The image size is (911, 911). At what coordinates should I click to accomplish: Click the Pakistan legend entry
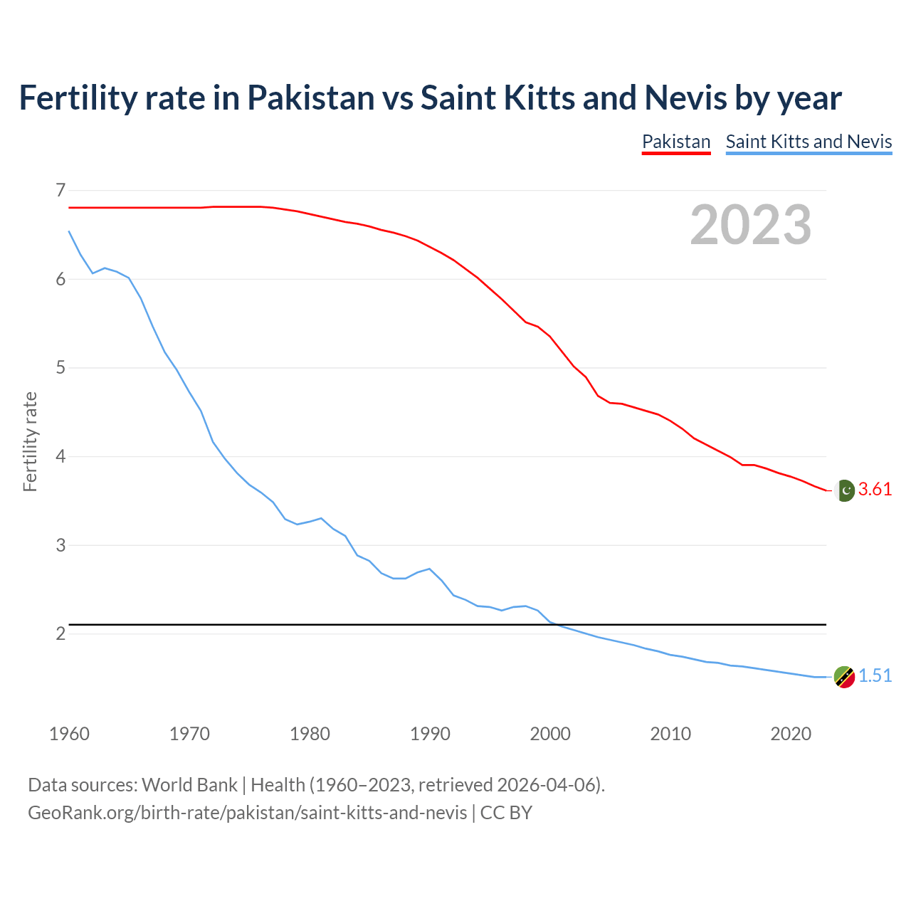point(676,142)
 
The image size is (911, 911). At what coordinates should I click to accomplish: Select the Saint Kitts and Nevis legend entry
point(809,142)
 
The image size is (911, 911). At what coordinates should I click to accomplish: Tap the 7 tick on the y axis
point(60,190)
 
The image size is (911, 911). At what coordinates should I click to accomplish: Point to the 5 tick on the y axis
point(60,368)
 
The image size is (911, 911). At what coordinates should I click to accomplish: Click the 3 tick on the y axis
point(60,545)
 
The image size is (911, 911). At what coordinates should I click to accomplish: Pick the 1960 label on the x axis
point(69,734)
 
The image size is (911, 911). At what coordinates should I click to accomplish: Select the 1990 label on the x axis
point(430,734)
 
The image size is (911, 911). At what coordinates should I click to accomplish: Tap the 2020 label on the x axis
point(791,734)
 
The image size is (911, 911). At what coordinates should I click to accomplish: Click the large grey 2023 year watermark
point(751,225)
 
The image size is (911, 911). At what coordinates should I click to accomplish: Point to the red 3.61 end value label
point(875,490)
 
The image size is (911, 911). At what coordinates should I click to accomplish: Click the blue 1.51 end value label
point(875,676)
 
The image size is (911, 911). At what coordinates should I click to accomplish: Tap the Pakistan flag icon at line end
point(844,490)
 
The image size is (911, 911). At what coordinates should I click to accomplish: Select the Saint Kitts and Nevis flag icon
point(844,677)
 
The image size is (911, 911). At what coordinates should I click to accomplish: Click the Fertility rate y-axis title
point(30,441)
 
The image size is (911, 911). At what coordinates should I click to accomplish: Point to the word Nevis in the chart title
point(685,98)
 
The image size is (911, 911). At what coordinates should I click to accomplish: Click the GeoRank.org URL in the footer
point(247,813)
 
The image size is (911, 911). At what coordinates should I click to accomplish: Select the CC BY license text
point(506,813)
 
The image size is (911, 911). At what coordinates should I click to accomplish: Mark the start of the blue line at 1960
point(69,231)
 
